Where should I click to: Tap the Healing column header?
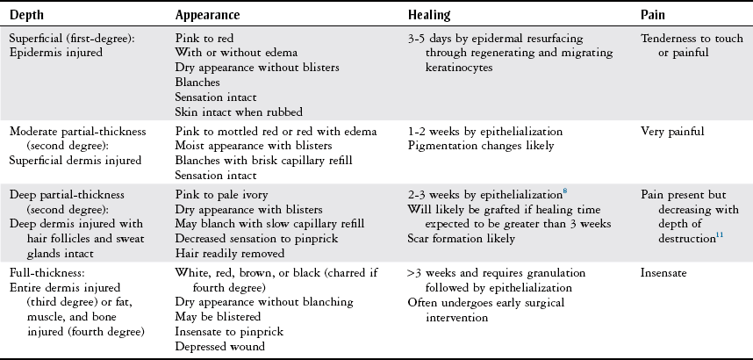[x=430, y=16]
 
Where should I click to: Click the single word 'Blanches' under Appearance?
[x=198, y=82]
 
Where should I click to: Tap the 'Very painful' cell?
[x=672, y=131]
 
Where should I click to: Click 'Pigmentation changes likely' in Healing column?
[x=481, y=145]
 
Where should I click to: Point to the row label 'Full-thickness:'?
[x=47, y=273]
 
